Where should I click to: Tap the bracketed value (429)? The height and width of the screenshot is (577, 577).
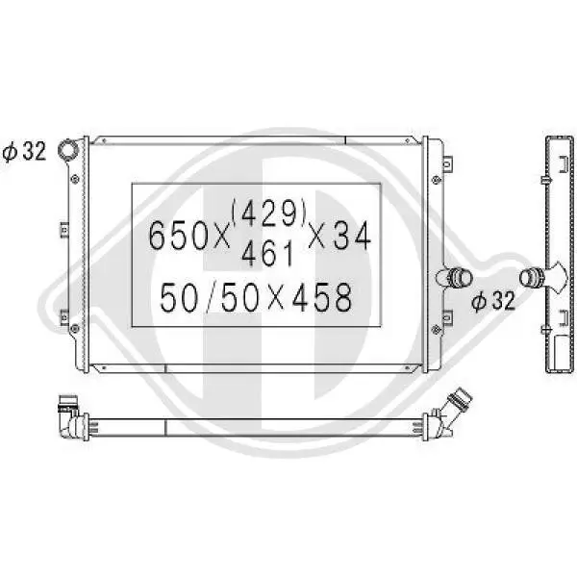pos(269,213)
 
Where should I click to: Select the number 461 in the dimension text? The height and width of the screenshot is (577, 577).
pos(268,254)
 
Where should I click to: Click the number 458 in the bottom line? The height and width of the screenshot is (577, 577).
pos(322,297)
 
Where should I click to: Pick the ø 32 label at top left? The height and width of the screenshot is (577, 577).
pos(24,151)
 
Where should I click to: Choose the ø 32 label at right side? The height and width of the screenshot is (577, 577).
pos(492,301)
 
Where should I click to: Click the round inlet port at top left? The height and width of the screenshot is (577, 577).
pos(68,150)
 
